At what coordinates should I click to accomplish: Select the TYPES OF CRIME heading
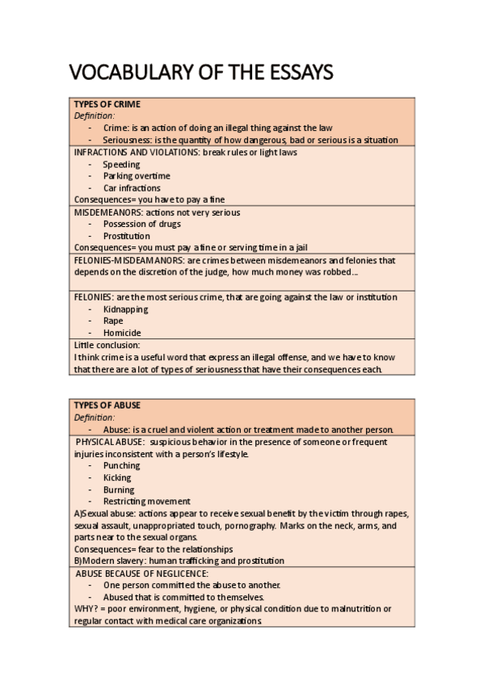tap(107, 104)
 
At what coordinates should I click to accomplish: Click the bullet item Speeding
tap(121, 164)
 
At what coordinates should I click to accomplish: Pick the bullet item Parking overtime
tap(137, 176)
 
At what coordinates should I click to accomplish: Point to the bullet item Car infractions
tap(132, 188)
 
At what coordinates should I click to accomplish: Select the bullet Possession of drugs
tap(142, 224)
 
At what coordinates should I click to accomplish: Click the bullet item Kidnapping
tap(126, 309)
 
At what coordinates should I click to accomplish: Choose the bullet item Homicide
tap(122, 333)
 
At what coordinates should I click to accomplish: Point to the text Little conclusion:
tap(107, 345)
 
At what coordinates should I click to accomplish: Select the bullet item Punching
tap(122, 465)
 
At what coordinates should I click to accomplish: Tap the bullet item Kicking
tap(117, 477)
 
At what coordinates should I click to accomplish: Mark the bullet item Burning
tap(119, 490)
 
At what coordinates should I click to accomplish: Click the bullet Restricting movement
tap(147, 501)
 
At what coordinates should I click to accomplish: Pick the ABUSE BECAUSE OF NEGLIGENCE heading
tap(142, 573)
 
